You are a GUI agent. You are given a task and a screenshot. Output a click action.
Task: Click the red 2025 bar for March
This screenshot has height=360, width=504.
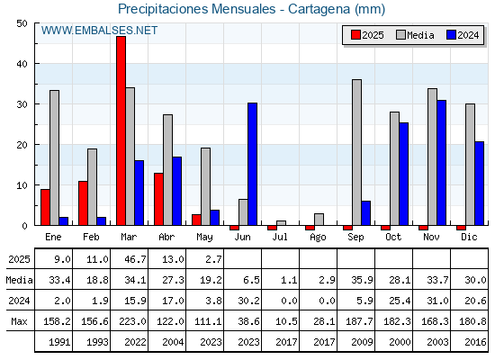pos(121,130)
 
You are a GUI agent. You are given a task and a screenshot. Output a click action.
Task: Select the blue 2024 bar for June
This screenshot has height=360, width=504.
pos(252,164)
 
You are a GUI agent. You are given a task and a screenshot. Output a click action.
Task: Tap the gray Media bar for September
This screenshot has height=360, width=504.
pos(356,152)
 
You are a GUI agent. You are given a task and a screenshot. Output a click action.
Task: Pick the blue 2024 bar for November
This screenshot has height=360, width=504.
pos(441,163)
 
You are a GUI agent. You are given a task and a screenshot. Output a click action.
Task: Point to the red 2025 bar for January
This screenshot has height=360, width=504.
pos(45,207)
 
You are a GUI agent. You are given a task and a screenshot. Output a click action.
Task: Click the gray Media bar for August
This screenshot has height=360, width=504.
pos(319,220)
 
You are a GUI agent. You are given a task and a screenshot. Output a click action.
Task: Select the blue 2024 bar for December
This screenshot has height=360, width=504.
pos(479,184)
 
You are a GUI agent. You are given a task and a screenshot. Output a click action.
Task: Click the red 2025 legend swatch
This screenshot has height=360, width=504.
pos(355,35)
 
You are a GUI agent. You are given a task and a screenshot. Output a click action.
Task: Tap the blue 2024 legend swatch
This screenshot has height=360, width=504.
pos(451,35)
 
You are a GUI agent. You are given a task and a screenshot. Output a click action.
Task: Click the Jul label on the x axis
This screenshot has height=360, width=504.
pos(280,237)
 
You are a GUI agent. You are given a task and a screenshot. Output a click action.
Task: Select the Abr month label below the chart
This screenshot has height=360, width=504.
pos(166,237)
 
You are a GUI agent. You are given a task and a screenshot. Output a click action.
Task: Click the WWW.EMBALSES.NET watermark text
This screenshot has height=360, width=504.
pos(99,31)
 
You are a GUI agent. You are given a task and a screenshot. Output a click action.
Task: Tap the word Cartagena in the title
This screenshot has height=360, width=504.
pos(319,9)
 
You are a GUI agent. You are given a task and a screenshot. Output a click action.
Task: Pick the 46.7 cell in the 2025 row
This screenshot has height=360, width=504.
pos(135,259)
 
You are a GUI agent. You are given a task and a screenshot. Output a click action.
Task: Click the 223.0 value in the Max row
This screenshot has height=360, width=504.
pos(132,321)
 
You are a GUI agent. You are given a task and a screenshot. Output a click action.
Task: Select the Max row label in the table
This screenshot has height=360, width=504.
pos(19,321)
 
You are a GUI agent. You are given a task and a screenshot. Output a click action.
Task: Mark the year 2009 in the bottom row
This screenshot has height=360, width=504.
pos(362,342)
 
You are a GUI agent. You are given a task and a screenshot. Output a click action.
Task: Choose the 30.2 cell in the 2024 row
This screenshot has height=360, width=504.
pos(248,301)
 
